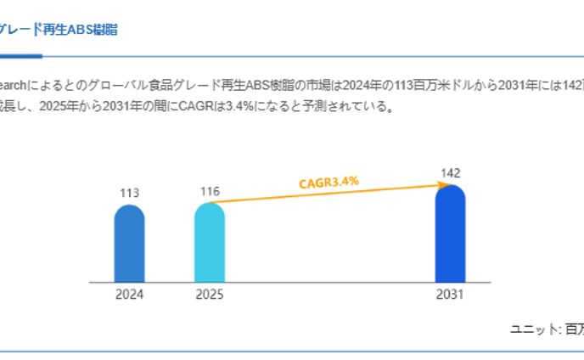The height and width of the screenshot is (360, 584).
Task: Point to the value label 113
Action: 129,193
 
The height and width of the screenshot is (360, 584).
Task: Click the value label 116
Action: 210,191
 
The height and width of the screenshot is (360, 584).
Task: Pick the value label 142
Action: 450,173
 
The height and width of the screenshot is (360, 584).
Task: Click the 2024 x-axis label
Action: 129,295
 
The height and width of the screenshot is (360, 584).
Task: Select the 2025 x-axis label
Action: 210,295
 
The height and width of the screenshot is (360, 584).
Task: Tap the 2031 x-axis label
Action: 450,295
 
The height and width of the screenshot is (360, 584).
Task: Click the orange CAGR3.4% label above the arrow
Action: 328,182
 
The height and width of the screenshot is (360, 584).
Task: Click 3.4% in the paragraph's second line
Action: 230,108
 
